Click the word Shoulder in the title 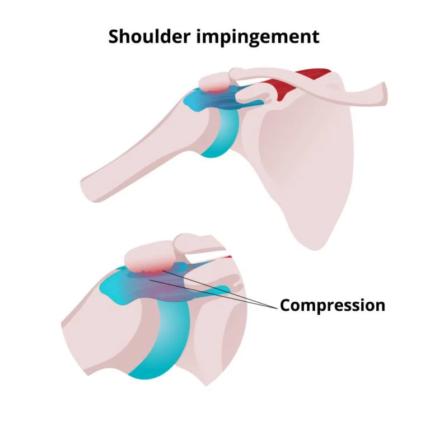[149, 36]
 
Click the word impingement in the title [258, 37]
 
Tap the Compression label [333, 305]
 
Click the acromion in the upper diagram [214, 82]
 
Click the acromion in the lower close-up [148, 257]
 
